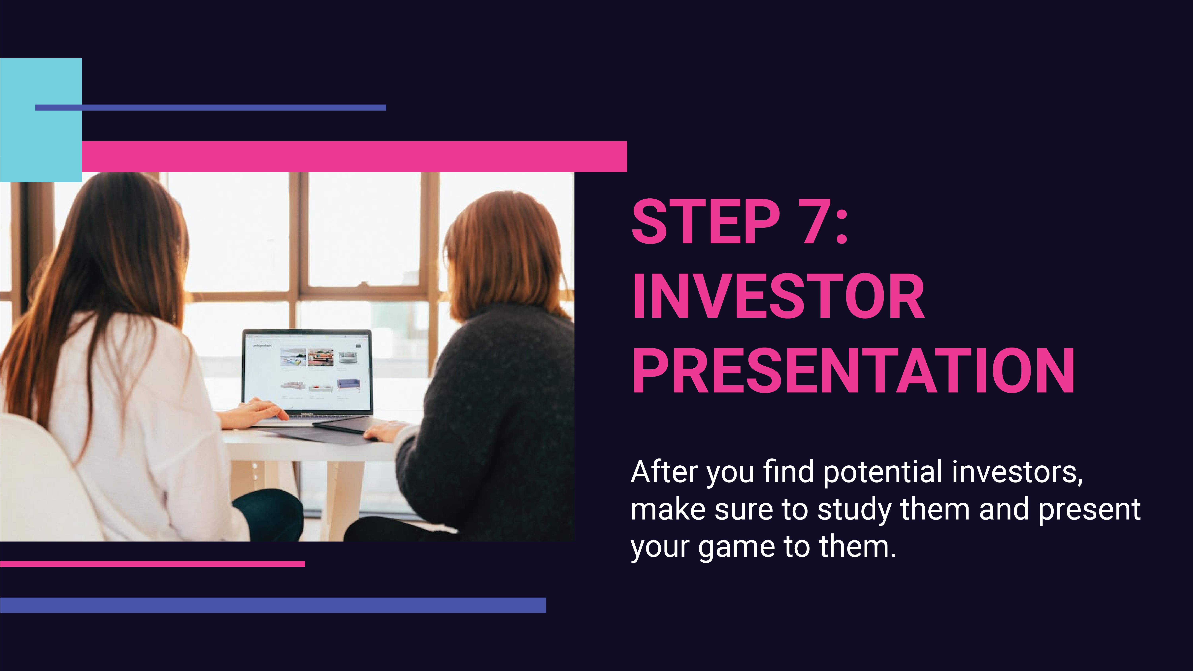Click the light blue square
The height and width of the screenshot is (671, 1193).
(41, 120)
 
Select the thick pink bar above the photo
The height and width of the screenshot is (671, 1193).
(354, 156)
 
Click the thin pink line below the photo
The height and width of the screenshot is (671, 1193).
(152, 564)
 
